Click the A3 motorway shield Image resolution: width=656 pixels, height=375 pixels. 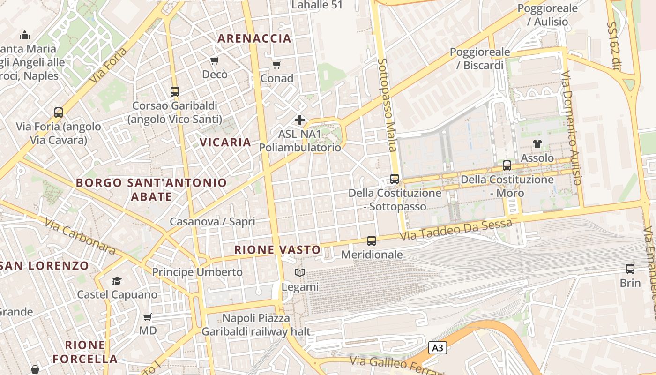click(437, 348)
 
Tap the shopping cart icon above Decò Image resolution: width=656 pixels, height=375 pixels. click(215, 60)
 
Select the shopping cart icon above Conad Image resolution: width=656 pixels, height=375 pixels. click(277, 65)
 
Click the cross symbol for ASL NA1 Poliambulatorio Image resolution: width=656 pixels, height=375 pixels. click(300, 120)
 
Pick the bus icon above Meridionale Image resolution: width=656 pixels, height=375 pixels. click(372, 241)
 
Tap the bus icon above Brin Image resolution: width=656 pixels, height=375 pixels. click(630, 269)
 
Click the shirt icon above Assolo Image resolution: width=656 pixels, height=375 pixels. click(537, 144)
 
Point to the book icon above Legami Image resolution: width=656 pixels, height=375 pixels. click(299, 272)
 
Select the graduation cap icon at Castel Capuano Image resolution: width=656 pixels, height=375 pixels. click(117, 281)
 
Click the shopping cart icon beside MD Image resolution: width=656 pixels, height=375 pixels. click(148, 317)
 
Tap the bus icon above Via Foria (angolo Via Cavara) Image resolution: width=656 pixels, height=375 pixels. click(59, 112)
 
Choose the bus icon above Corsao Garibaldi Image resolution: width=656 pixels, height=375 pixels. click(175, 92)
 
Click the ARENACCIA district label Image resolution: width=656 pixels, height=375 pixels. click(255, 38)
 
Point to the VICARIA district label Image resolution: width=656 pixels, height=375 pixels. click(225, 142)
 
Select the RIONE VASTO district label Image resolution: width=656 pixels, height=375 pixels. click(277, 250)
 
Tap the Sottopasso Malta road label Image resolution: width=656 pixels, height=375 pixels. click(388, 105)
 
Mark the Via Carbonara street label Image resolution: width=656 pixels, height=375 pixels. click(80, 238)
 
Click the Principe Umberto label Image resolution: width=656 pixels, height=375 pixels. click(197, 272)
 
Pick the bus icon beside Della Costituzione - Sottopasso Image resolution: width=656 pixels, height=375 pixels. click(395, 179)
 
